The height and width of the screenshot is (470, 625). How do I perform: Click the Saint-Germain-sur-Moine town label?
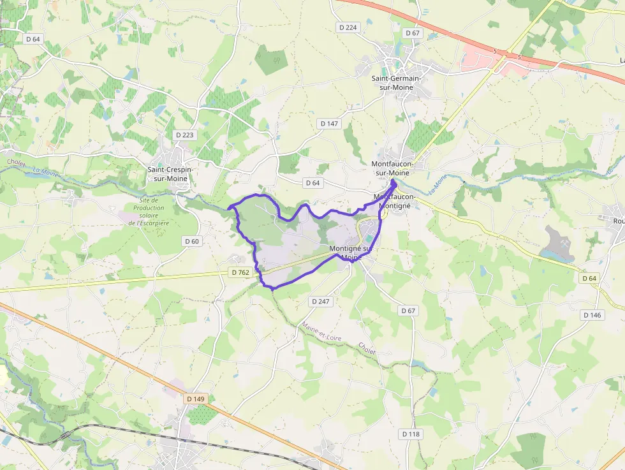point(396,82)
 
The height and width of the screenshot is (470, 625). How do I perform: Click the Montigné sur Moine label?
point(350,253)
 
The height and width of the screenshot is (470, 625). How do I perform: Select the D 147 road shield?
point(329,123)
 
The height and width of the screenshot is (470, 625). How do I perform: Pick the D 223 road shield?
point(184,135)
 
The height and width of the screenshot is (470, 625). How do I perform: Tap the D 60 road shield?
point(191,241)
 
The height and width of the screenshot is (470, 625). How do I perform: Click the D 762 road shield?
point(240,272)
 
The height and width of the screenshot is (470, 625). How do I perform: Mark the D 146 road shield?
point(592,315)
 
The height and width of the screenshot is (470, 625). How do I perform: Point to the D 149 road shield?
point(196,399)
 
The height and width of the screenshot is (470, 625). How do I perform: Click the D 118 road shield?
point(411,434)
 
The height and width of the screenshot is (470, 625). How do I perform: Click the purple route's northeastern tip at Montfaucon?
point(393,182)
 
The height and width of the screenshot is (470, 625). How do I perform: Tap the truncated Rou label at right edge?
point(618,221)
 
